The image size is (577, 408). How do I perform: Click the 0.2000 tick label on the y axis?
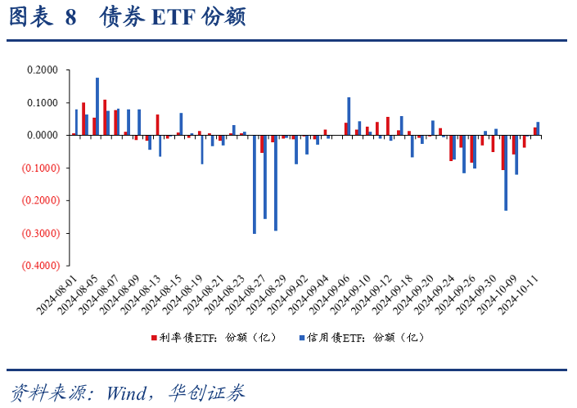pyautogui.click(x=43, y=70)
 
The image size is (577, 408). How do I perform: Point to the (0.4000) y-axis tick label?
pyautogui.click(x=41, y=266)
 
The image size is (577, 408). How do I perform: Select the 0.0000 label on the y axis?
pyautogui.click(x=43, y=136)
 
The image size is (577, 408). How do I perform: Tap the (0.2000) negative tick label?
pyautogui.click(x=41, y=200)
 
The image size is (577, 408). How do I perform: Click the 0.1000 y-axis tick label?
pyautogui.click(x=43, y=103)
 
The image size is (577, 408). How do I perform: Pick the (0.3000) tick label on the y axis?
pyautogui.click(x=41, y=233)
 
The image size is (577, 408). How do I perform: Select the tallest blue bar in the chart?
pyautogui.click(x=97, y=106)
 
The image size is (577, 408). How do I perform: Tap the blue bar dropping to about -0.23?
pyautogui.click(x=506, y=173)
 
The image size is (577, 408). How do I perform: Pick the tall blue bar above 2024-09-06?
pyautogui.click(x=349, y=116)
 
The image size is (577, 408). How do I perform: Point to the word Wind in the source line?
pyautogui.click(x=123, y=392)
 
